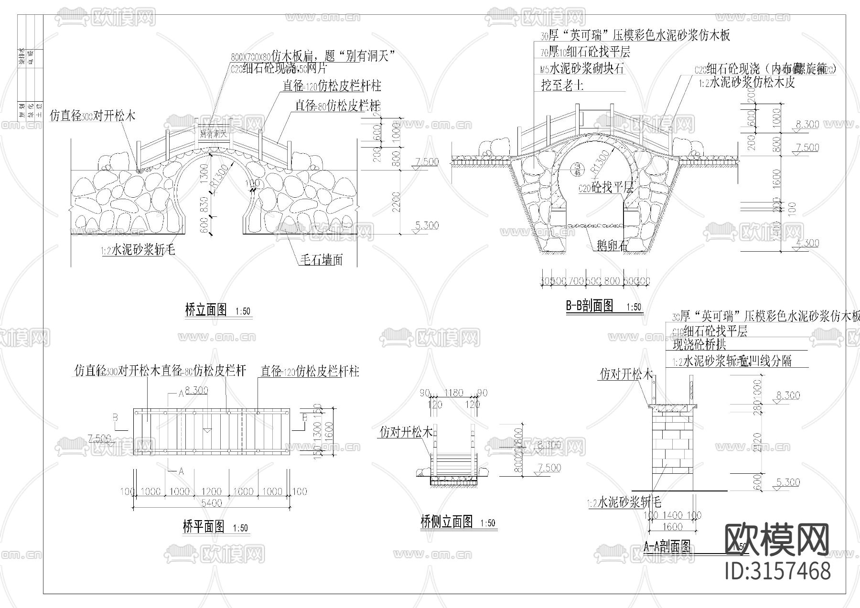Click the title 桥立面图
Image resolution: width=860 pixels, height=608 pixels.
click(x=205, y=310)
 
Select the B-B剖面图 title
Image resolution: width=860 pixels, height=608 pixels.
click(x=590, y=306)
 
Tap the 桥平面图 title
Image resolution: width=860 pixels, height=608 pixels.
click(x=204, y=527)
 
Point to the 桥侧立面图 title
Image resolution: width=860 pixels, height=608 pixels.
click(x=447, y=522)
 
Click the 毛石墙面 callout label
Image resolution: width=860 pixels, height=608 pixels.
click(x=321, y=260)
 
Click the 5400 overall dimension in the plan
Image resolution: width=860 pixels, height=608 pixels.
click(x=211, y=503)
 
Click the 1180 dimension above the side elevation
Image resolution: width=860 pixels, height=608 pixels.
click(x=453, y=393)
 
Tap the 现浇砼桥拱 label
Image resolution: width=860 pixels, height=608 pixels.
click(x=699, y=345)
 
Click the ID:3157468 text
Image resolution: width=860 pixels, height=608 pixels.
click(x=777, y=571)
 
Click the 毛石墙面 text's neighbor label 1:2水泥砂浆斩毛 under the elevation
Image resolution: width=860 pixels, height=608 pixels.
click(x=138, y=249)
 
